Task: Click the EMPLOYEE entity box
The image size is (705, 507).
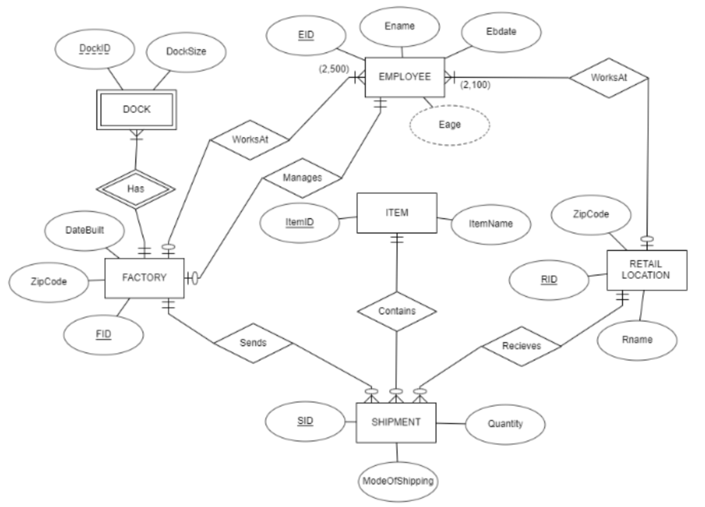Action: point(404,77)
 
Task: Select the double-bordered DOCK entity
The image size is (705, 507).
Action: point(136,109)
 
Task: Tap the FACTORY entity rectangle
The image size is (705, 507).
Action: point(144,278)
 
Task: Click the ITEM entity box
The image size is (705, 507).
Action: point(397,213)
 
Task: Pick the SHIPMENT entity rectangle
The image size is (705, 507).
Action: point(396,422)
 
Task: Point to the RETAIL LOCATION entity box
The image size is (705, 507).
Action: point(646,270)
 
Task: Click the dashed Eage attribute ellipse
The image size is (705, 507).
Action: point(449,125)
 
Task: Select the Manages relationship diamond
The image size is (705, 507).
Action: point(302,178)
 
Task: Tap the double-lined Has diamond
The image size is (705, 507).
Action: point(136,189)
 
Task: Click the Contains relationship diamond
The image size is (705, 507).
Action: point(397,311)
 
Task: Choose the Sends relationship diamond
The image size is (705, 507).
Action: point(253,343)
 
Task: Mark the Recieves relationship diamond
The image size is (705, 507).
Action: point(521,346)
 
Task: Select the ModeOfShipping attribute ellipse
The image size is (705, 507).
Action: point(398,481)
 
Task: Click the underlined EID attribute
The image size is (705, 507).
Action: point(306,35)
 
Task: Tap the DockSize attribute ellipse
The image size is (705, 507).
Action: point(186,51)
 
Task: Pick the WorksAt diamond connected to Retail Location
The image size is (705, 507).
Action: point(608,78)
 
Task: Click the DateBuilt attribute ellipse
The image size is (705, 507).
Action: point(85,230)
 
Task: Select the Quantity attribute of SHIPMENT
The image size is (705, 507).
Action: point(505,424)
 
